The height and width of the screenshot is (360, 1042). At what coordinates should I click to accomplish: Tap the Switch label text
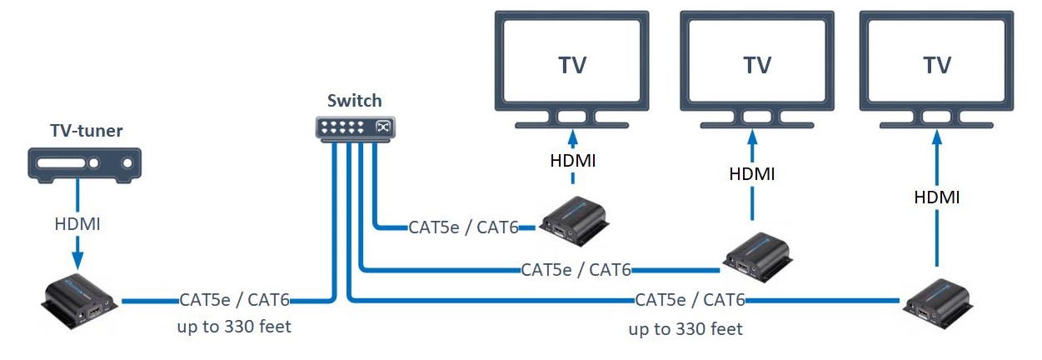(x=354, y=101)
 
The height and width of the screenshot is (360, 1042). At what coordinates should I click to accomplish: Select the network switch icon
(x=354, y=127)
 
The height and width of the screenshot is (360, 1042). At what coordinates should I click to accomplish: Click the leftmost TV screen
(x=571, y=63)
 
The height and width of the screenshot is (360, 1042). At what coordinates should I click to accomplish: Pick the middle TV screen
(x=757, y=63)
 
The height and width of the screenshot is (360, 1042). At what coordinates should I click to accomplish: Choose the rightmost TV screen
(x=937, y=63)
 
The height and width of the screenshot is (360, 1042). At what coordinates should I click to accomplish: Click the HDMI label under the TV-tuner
(x=77, y=223)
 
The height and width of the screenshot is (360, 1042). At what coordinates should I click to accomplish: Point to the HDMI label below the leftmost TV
(x=572, y=160)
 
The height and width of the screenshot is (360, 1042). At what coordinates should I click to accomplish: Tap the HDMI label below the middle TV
(x=752, y=174)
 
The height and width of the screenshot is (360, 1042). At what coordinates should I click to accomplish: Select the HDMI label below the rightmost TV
(x=936, y=197)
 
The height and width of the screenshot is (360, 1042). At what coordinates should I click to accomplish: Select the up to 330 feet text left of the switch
(x=234, y=326)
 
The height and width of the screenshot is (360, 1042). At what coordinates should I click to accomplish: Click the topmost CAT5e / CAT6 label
(x=463, y=227)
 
